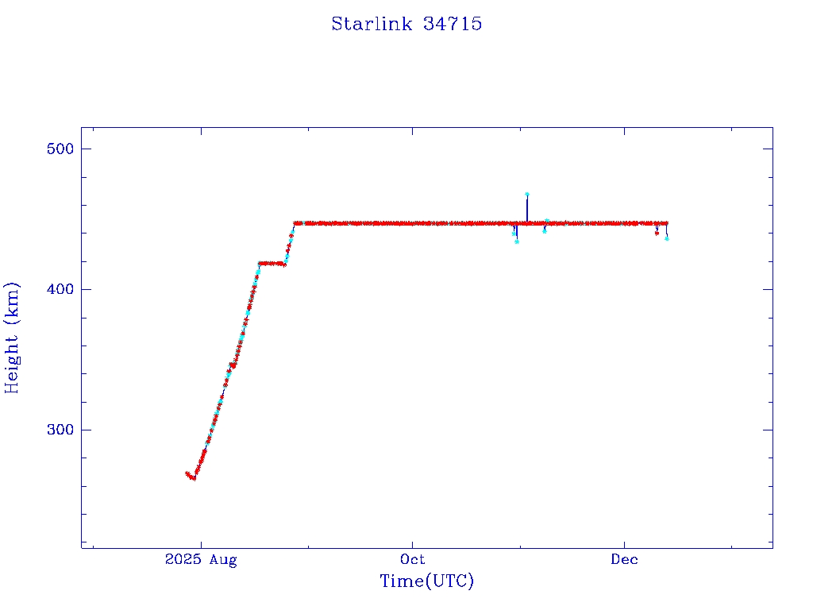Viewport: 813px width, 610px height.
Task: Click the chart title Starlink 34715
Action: pos(406,24)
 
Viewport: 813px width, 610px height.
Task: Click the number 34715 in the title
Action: pos(453,24)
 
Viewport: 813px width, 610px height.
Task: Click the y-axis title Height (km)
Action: pos(13,338)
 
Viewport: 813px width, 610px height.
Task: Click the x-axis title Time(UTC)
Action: pos(427,581)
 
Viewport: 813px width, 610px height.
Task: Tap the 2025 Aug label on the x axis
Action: pos(201,560)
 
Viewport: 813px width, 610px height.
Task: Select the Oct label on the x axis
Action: pos(413,560)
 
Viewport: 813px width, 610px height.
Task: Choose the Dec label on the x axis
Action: pos(624,560)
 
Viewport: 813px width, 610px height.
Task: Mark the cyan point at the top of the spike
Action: pos(527,194)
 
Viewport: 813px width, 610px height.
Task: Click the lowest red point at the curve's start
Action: pos(193,478)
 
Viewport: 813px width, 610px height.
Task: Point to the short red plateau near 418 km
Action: pos(272,263)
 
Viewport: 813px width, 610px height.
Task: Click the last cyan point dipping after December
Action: pos(667,238)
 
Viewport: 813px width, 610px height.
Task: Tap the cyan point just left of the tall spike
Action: pos(517,241)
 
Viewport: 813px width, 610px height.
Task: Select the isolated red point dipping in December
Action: pos(657,234)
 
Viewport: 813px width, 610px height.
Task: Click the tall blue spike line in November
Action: pos(527,208)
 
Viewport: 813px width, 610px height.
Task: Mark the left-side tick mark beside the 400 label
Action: pos(86,289)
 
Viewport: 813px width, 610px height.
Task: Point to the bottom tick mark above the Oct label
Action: pos(413,543)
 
